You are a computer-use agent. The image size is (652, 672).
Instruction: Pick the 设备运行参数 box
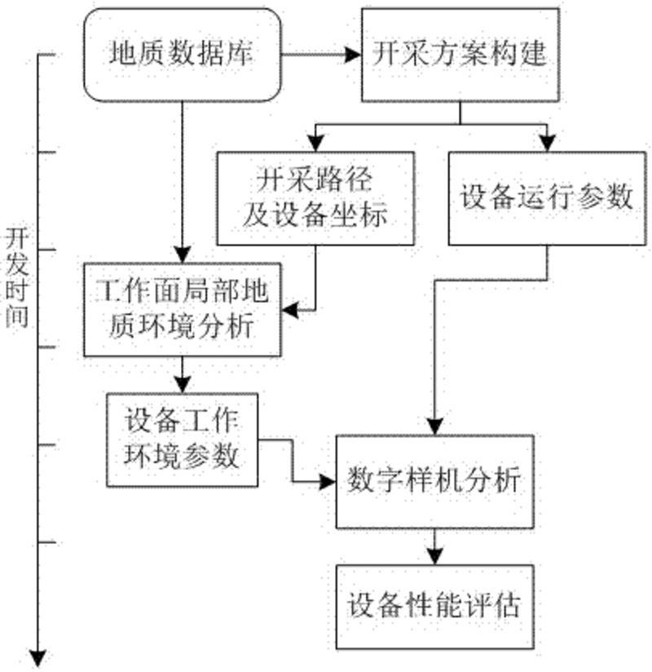point(547,197)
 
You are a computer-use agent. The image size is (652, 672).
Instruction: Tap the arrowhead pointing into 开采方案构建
point(352,56)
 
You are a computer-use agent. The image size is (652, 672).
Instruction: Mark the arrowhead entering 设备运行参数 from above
point(547,144)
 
